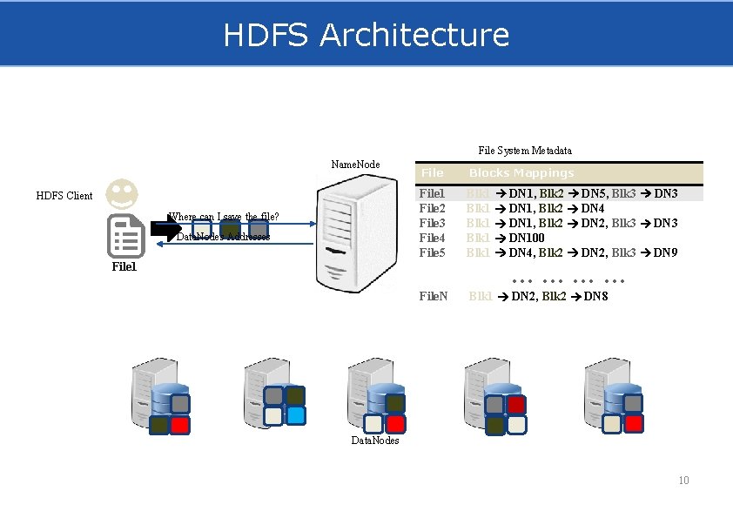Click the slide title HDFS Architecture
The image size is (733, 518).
tap(366, 35)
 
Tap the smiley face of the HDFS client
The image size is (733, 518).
tap(122, 193)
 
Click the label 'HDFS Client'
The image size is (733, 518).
tap(64, 196)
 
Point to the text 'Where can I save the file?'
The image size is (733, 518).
tap(224, 217)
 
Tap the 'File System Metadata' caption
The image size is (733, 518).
tap(525, 151)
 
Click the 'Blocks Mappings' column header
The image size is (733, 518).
tap(521, 173)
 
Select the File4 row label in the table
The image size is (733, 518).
tap(433, 239)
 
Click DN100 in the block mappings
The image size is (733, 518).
tap(527, 239)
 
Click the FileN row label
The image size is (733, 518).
tap(434, 297)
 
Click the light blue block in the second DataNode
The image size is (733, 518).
tap(295, 416)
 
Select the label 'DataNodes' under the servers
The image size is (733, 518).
tap(375, 441)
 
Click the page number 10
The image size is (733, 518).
tap(683, 481)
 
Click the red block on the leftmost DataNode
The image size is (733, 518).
tap(180, 426)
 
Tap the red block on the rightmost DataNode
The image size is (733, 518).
tap(634, 423)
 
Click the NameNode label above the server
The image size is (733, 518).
tap(355, 165)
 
